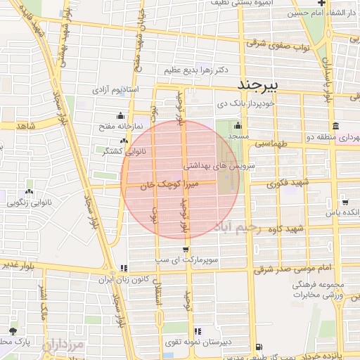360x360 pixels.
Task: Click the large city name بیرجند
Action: [259, 84]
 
